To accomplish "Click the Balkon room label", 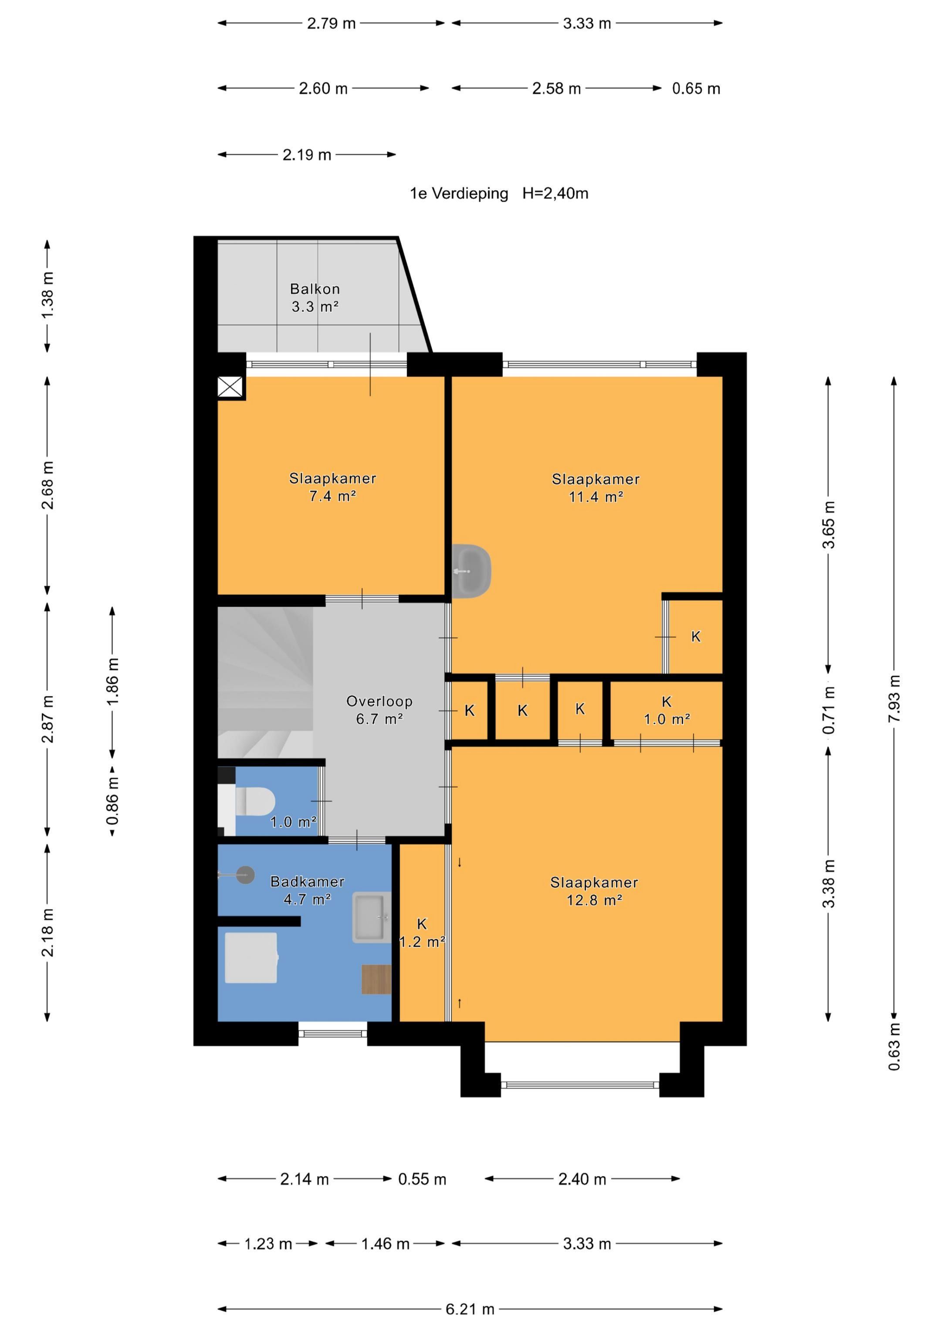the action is click(315, 289).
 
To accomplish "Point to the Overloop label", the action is click(379, 702).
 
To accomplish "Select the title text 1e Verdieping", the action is click(459, 194).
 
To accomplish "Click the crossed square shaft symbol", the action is click(230, 387).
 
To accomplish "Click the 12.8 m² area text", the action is click(594, 900).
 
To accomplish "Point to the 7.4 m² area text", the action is click(332, 496).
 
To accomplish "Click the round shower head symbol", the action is click(246, 875).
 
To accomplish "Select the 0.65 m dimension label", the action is click(696, 89).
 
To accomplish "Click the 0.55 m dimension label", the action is click(422, 1179).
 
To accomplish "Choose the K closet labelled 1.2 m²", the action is click(422, 933).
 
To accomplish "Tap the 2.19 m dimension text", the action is click(307, 155).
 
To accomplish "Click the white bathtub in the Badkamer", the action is click(251, 958).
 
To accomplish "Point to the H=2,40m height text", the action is click(555, 194).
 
